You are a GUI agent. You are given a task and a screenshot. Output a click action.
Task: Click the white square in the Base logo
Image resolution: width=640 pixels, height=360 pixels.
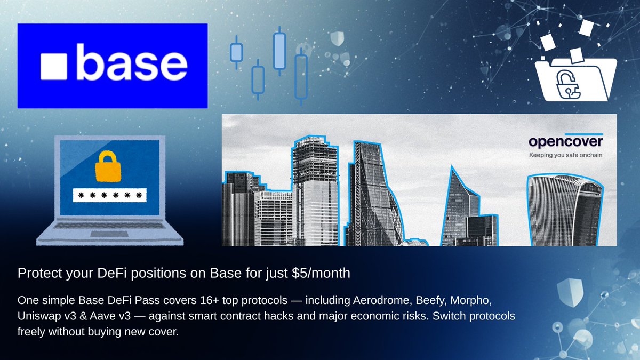point(54,66)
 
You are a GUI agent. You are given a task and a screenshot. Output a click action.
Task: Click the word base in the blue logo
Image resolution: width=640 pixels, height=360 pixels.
point(132,62)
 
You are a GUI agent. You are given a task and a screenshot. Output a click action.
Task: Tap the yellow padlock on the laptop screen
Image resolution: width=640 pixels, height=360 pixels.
point(108,166)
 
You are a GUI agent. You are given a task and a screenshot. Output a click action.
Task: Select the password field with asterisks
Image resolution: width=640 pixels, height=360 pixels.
point(110,195)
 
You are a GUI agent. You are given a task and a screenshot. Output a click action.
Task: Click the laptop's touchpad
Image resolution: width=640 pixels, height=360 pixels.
point(109,234)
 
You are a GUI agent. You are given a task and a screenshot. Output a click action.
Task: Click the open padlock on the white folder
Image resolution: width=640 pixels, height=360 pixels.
point(568,85)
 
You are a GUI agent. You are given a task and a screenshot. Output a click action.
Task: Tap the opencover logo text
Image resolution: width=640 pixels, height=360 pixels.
point(566,141)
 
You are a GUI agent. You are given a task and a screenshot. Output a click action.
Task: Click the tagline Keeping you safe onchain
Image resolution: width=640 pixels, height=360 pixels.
point(565,155)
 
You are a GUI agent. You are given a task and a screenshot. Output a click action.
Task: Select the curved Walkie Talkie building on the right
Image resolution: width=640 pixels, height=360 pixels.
point(565,210)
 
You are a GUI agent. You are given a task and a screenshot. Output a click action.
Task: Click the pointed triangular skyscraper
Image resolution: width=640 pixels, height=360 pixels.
point(461,206)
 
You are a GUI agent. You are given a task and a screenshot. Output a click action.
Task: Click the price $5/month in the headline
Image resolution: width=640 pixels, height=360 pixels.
point(321,273)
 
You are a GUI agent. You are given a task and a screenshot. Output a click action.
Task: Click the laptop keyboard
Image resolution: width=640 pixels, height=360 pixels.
point(109,226)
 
